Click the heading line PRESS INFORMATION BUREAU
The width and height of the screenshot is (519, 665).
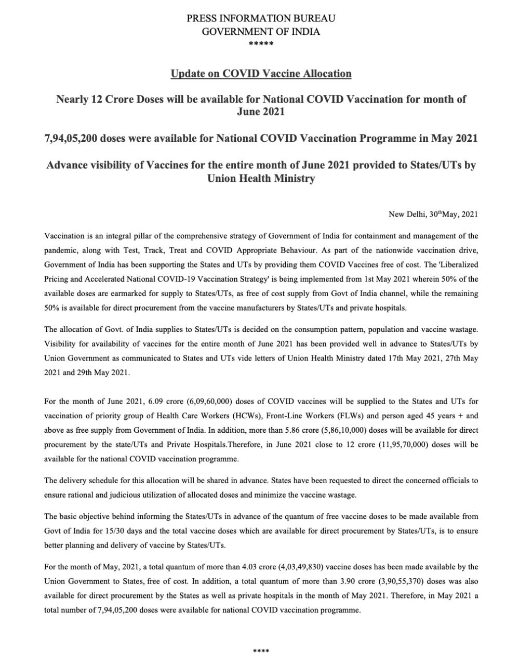tap(261, 18)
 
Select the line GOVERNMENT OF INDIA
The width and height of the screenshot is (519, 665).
tap(261, 31)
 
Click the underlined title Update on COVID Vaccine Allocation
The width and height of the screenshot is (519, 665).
tap(261, 73)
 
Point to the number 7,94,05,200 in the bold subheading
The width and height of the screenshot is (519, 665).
tap(69, 139)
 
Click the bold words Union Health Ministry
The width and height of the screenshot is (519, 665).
tap(261, 178)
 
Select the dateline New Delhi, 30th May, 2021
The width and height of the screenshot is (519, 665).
tap(433, 214)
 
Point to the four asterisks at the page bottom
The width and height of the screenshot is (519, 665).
tap(261, 651)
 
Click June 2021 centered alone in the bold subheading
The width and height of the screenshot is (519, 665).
tap(261, 112)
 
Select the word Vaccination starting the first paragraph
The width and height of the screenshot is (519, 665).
tap(63, 236)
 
